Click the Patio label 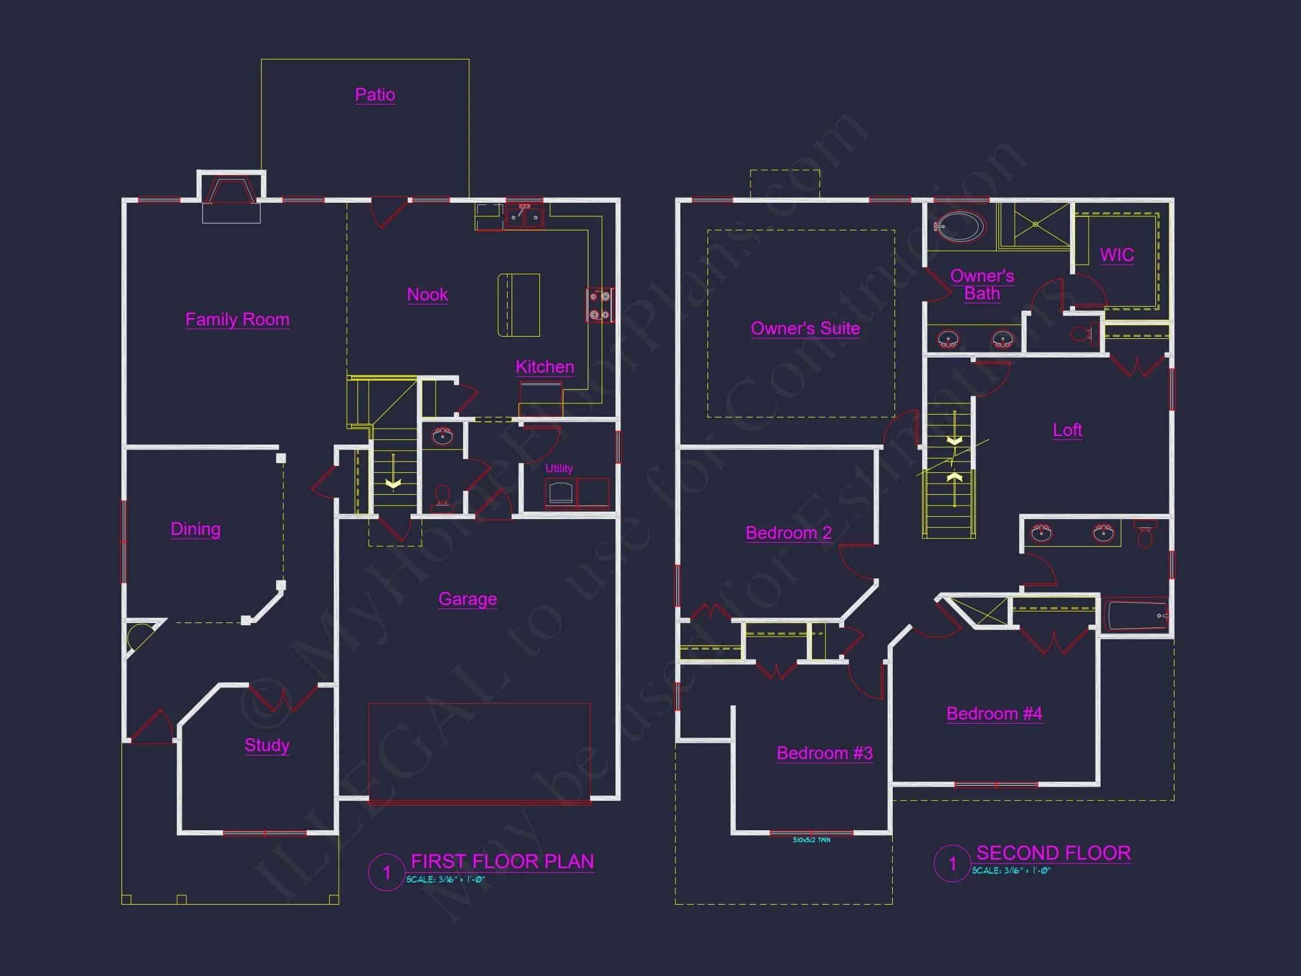point(374,95)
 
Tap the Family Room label point(237,320)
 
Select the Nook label point(427,294)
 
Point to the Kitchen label point(545,367)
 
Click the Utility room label point(559,468)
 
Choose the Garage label point(468,599)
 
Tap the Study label point(267,745)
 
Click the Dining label point(195,529)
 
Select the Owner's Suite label point(805,328)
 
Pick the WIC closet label point(1117,255)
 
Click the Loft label point(1067,430)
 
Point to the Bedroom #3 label point(824,753)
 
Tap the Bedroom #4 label point(994,713)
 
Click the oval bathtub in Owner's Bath point(959,226)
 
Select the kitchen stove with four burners point(599,305)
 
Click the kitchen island point(519,305)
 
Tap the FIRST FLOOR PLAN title point(501,861)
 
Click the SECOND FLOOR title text point(1053,853)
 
